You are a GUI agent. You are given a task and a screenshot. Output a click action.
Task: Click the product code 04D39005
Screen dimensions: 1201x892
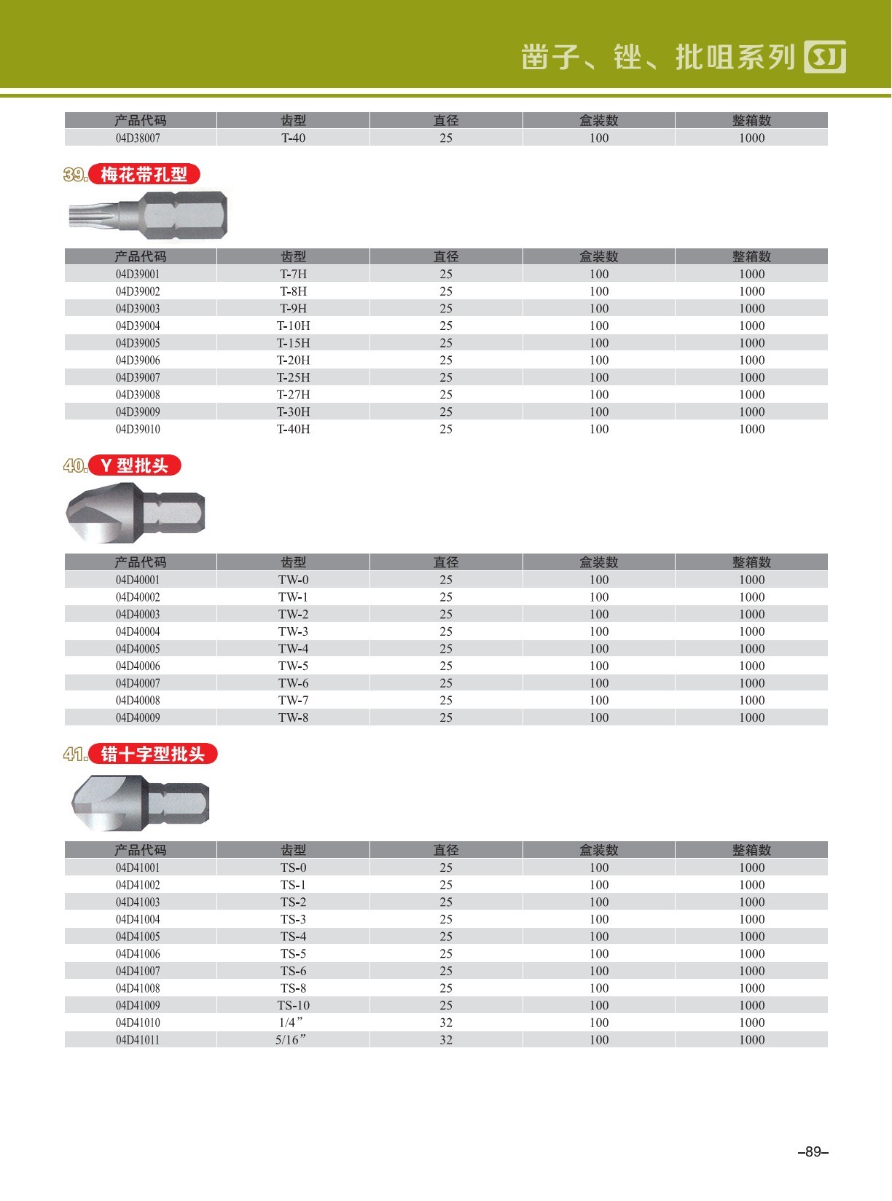point(138,343)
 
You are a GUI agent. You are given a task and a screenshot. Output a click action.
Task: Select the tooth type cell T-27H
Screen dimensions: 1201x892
point(294,395)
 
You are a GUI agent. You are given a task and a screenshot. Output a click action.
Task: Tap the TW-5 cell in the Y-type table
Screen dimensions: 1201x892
point(294,666)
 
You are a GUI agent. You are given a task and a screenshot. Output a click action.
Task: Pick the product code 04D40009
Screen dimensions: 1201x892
point(138,717)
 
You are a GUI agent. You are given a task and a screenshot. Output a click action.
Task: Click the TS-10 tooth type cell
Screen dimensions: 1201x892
point(294,1005)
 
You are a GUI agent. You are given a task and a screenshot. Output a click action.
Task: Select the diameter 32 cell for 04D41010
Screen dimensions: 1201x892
point(446,1023)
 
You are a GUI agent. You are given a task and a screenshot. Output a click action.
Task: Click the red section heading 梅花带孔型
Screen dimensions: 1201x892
point(144,175)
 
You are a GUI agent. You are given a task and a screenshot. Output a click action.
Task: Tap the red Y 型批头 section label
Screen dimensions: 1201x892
point(135,465)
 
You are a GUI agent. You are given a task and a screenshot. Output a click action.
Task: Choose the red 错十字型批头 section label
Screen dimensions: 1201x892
point(153,754)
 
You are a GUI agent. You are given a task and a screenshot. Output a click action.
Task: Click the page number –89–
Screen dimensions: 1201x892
point(814,1152)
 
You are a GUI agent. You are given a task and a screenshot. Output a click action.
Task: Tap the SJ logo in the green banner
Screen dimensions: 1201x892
point(825,57)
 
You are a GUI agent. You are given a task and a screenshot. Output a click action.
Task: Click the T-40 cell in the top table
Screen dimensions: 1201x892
point(294,138)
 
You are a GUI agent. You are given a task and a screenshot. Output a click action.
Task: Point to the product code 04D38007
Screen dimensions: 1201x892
point(138,138)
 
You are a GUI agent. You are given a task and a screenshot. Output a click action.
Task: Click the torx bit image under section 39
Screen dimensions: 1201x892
point(149,215)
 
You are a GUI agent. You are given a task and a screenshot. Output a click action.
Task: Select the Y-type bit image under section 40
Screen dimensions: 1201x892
point(136,513)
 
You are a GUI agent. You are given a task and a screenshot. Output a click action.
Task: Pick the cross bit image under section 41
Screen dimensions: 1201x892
point(141,803)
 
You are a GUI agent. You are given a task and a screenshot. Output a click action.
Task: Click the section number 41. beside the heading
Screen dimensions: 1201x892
point(76,754)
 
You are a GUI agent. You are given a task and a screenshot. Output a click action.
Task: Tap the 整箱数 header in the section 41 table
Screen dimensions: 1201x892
point(751,850)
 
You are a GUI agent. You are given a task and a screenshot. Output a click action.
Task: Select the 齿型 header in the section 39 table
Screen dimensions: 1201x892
point(294,256)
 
